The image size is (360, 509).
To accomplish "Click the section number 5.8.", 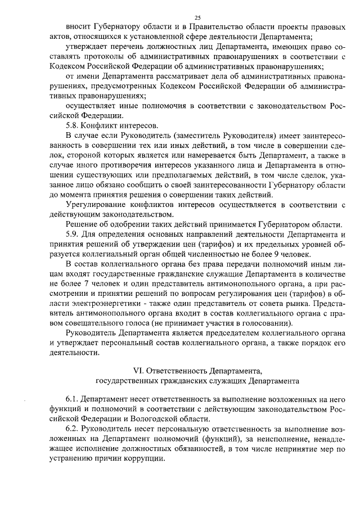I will tap(74, 124).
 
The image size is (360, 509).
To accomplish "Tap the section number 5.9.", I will tap(74, 233).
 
